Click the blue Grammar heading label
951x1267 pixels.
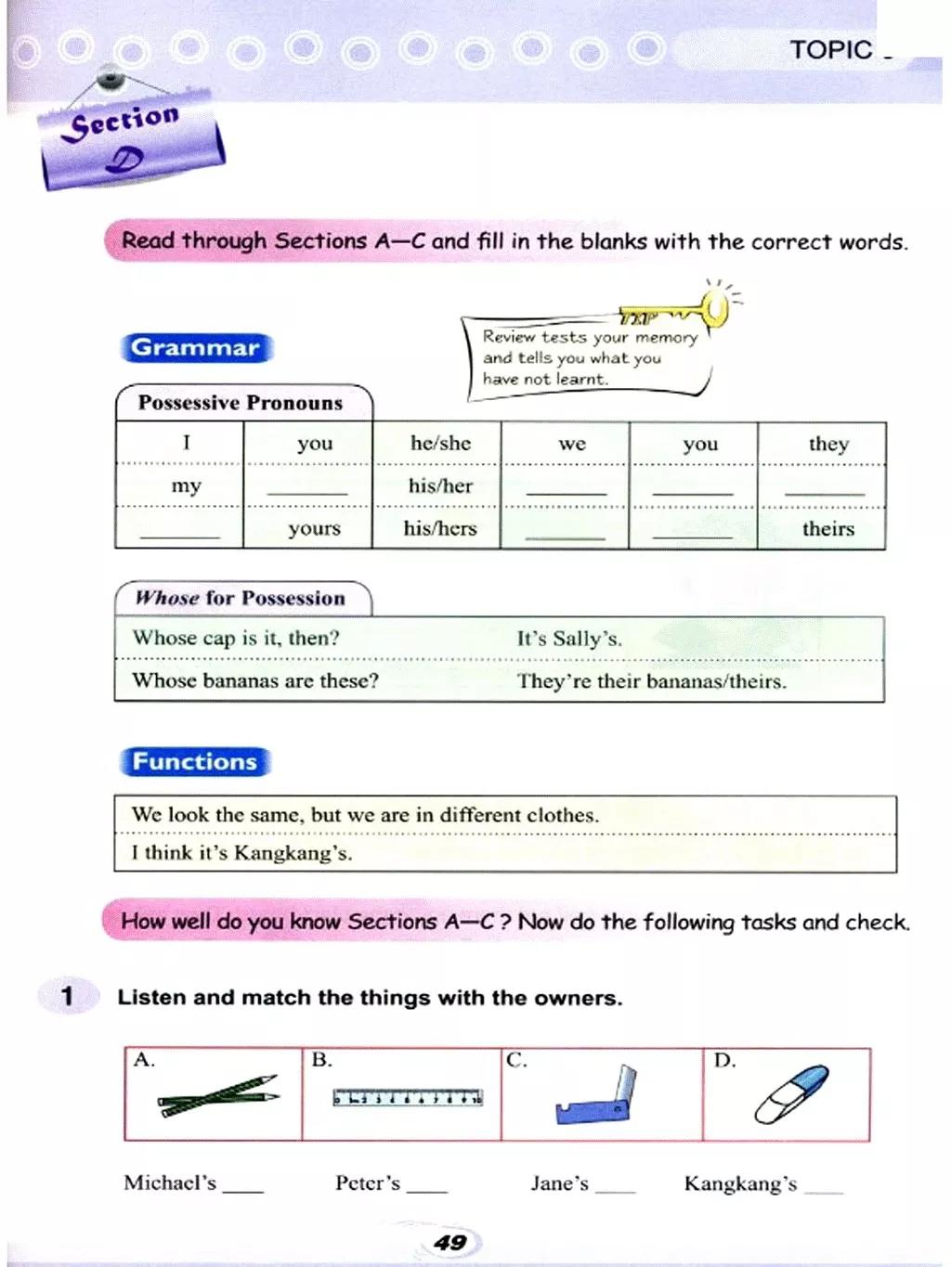[195, 348]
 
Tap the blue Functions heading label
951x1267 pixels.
[195, 762]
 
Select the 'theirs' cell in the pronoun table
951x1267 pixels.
[827, 529]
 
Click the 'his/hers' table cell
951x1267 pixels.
[439, 529]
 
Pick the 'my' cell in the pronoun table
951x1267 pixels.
[186, 486]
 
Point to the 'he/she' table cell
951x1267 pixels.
[440, 444]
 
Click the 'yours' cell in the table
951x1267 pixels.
[314, 529]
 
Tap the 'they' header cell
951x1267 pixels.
[828, 444]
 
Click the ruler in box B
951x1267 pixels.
[408, 1097]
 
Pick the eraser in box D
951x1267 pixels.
[791, 1093]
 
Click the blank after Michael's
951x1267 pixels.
[243, 1186]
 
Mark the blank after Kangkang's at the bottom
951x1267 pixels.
[824, 1187]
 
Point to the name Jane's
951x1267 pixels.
[560, 1183]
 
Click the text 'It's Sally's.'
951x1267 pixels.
[569, 639]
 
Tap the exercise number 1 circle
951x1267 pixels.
[67, 997]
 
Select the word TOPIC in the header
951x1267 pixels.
[831, 50]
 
